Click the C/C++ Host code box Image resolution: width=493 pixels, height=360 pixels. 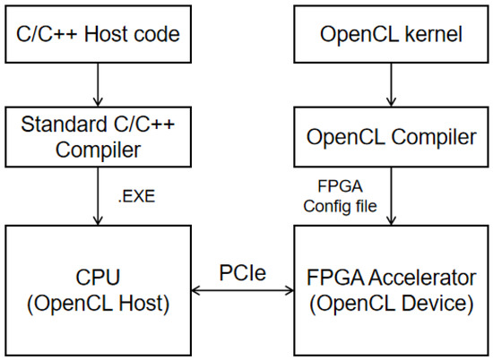click(x=98, y=34)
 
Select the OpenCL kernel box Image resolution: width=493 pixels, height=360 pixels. click(x=391, y=34)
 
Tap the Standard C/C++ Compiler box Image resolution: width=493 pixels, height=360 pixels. click(x=98, y=137)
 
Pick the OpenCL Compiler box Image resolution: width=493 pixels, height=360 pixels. click(x=391, y=137)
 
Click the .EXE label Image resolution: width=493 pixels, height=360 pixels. click(x=136, y=197)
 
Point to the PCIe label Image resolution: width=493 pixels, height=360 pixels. click(x=242, y=272)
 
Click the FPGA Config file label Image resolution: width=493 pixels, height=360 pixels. click(x=341, y=196)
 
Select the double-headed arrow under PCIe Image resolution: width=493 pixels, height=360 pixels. click(x=242, y=290)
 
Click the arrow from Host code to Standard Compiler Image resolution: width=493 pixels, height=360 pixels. click(x=98, y=85)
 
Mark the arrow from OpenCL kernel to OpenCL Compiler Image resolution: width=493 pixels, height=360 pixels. click(x=391, y=85)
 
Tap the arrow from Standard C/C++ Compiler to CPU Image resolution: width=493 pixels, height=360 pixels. click(x=98, y=196)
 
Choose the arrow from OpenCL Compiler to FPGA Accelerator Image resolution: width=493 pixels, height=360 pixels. click(x=391, y=196)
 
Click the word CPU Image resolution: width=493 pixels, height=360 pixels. click(x=98, y=278)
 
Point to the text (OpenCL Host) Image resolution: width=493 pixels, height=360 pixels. click(x=98, y=304)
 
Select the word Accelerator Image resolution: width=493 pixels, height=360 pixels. click(x=422, y=278)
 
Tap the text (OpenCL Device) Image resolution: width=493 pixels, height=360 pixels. click(x=392, y=304)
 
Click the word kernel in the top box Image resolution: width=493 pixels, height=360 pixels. click(x=434, y=34)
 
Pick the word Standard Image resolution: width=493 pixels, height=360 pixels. click(x=64, y=124)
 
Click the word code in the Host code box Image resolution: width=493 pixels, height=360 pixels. click(x=156, y=34)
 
